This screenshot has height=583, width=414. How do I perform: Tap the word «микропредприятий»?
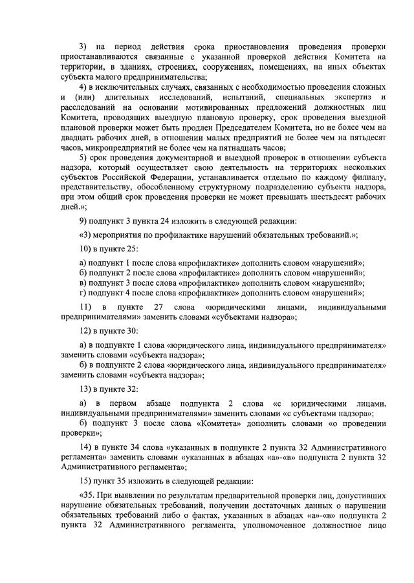coord(112,147)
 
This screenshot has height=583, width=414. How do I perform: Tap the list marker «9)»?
coord(83,220)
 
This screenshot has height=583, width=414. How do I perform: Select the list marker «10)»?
coord(86,249)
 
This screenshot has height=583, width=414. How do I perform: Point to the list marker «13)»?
coord(86,390)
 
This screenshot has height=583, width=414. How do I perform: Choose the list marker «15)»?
coord(86,482)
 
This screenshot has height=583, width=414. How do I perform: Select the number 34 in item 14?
coord(157,447)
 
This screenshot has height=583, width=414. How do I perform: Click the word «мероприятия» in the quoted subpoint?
coord(121,234)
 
